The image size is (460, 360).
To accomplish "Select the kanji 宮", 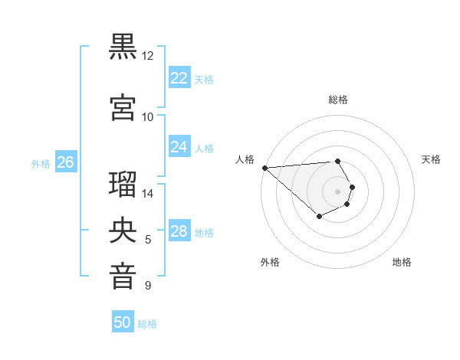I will (x=123, y=107).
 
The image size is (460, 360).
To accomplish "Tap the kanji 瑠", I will (x=123, y=185).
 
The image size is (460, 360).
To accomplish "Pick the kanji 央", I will (x=123, y=231).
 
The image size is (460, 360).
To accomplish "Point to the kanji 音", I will (x=123, y=276).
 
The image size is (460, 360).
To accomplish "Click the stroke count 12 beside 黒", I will (x=148, y=56).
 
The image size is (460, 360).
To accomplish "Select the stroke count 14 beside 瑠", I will (x=148, y=193).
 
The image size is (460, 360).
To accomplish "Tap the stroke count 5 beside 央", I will (x=148, y=240).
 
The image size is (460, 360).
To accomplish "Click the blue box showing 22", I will (x=179, y=77).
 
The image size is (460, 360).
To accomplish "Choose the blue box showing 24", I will (x=179, y=146).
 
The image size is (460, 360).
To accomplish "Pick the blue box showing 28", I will (x=179, y=231).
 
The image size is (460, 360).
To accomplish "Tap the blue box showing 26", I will (x=65, y=162).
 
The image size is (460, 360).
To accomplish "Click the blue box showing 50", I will (x=122, y=322).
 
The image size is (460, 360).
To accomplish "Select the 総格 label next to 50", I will (x=147, y=324).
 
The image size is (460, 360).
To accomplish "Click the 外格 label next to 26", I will (x=41, y=164).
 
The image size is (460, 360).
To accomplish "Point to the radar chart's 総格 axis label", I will (x=337, y=100).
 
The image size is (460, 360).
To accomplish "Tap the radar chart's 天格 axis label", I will (x=431, y=159).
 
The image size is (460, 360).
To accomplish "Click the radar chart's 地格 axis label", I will (x=402, y=262).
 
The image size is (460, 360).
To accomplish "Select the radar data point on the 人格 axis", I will (x=264, y=168).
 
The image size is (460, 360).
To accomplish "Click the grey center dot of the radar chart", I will (x=337, y=191).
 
